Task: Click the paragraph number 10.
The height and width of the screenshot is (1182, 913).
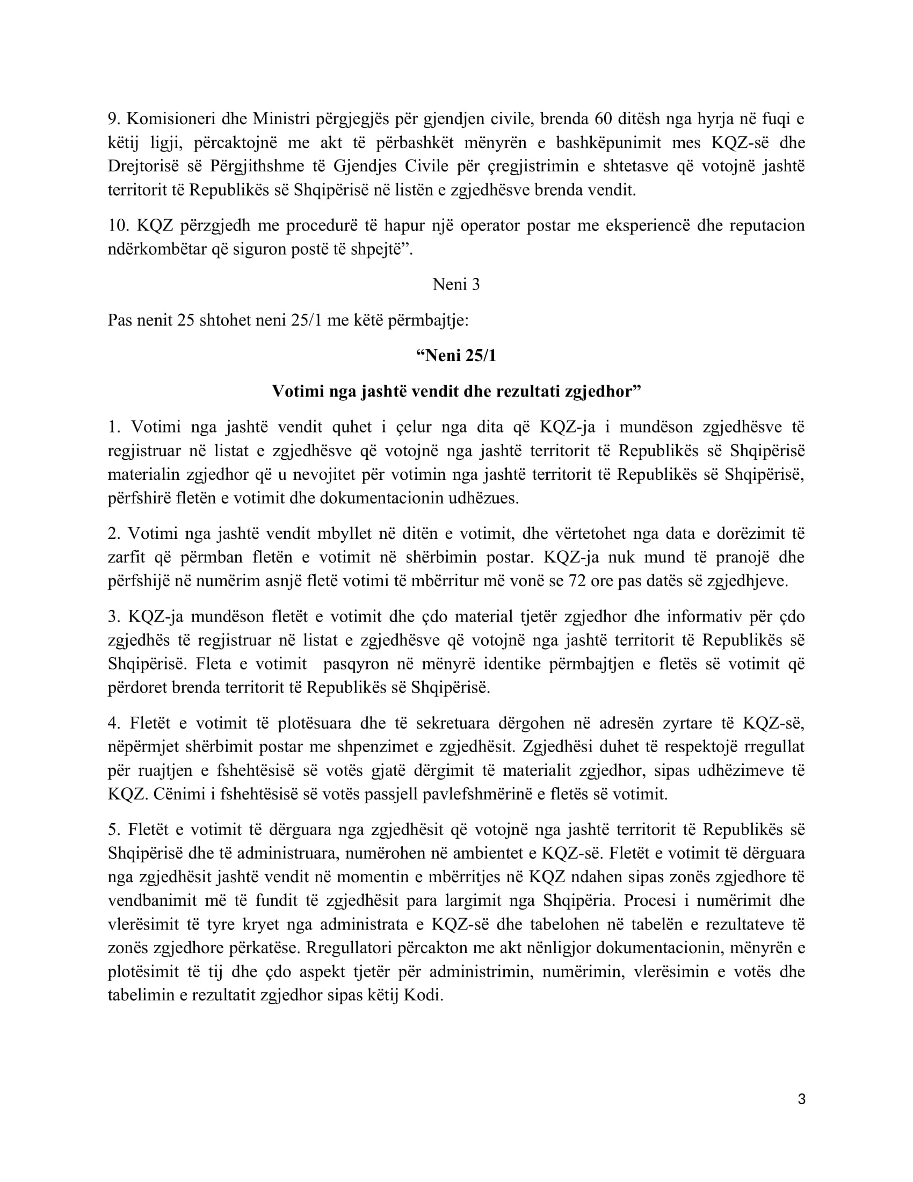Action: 117,225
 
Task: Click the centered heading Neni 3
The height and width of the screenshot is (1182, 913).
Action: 456,285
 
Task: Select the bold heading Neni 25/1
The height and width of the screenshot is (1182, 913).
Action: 456,356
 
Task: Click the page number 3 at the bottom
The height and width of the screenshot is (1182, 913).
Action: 802,1100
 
